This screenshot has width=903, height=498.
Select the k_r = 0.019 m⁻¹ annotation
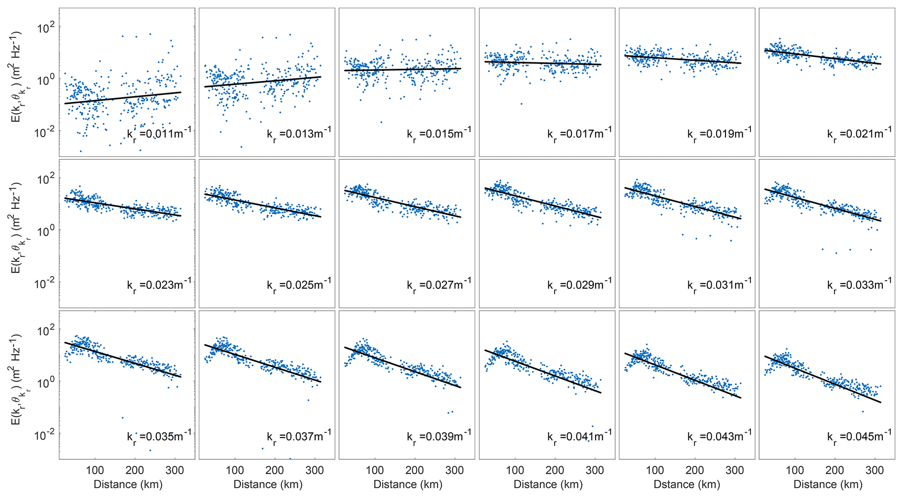click(x=719, y=134)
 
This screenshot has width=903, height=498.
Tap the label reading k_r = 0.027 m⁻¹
click(x=439, y=285)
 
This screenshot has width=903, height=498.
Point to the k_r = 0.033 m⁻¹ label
click(x=859, y=285)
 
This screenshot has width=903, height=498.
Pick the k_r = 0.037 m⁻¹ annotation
click(x=299, y=436)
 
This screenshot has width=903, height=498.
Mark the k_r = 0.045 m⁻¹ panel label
click(x=859, y=436)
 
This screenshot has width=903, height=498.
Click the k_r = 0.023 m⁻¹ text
click(x=159, y=285)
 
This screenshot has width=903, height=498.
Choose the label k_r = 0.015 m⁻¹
click(x=439, y=134)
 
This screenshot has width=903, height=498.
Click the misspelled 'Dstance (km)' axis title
click(x=687, y=484)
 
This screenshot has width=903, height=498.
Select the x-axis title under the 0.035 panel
click(x=128, y=484)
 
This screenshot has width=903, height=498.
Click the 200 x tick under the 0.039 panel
click(x=415, y=471)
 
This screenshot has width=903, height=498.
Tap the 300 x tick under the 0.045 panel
click(x=875, y=471)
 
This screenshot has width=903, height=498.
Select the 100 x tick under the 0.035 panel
click(x=95, y=471)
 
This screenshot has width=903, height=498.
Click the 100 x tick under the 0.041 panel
click(x=515, y=471)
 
